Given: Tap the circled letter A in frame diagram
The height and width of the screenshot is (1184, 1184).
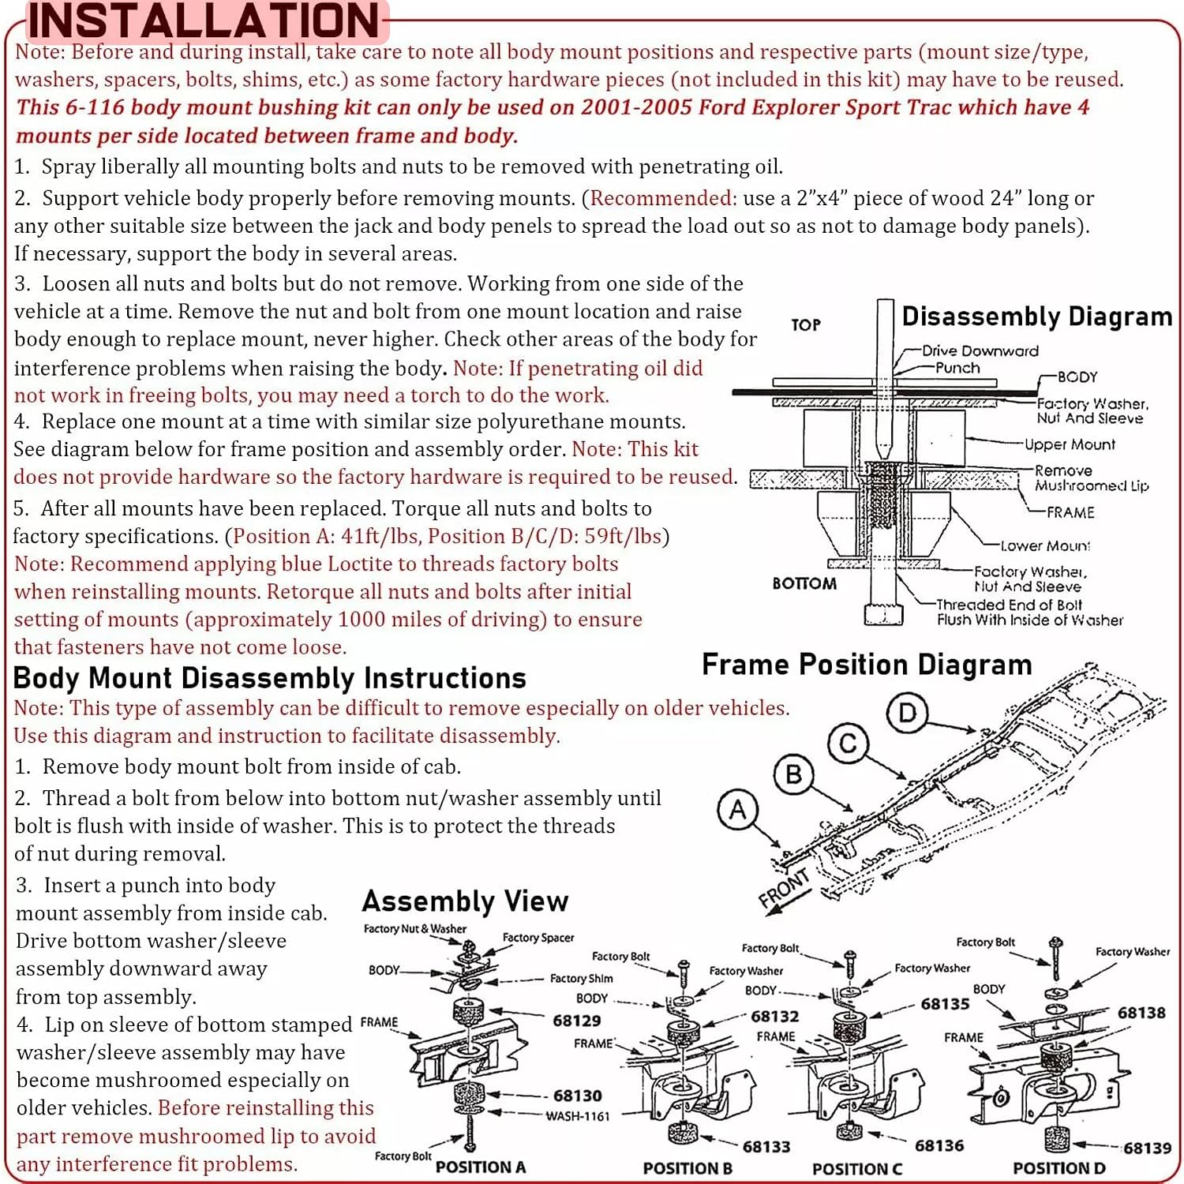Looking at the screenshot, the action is tap(737, 811).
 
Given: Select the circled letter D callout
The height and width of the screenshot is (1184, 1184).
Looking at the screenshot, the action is tap(907, 713).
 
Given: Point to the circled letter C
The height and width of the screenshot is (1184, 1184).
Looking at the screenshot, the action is tap(849, 744).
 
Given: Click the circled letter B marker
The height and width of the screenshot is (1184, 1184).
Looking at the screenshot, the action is tap(794, 774).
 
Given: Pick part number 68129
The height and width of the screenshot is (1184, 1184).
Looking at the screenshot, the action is tap(577, 1021).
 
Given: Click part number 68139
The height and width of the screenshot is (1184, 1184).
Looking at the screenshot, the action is tap(1147, 1148).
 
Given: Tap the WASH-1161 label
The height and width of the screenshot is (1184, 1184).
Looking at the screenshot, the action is tap(578, 1116).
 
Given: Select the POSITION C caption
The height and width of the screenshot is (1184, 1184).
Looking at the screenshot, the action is tap(857, 1169).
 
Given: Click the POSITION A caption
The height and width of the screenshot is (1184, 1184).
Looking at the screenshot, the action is tap(481, 1167).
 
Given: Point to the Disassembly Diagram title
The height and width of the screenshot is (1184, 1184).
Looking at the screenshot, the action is tap(1037, 317).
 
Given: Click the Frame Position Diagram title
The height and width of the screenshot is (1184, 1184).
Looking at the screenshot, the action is tap(867, 665).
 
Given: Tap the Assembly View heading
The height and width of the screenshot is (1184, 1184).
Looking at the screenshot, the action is tap(465, 901).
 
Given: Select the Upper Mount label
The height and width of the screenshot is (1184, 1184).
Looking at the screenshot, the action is tap(1070, 444).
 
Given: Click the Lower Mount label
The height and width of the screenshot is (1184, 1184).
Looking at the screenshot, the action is tap(1045, 545).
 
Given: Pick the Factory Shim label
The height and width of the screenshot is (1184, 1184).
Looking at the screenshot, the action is tap(582, 978).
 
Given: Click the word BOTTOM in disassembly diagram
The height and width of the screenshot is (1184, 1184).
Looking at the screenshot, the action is tap(804, 583).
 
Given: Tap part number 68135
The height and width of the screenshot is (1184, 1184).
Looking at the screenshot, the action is tap(945, 1004).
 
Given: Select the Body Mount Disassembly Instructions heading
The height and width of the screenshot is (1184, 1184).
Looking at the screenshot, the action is tap(270, 678).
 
